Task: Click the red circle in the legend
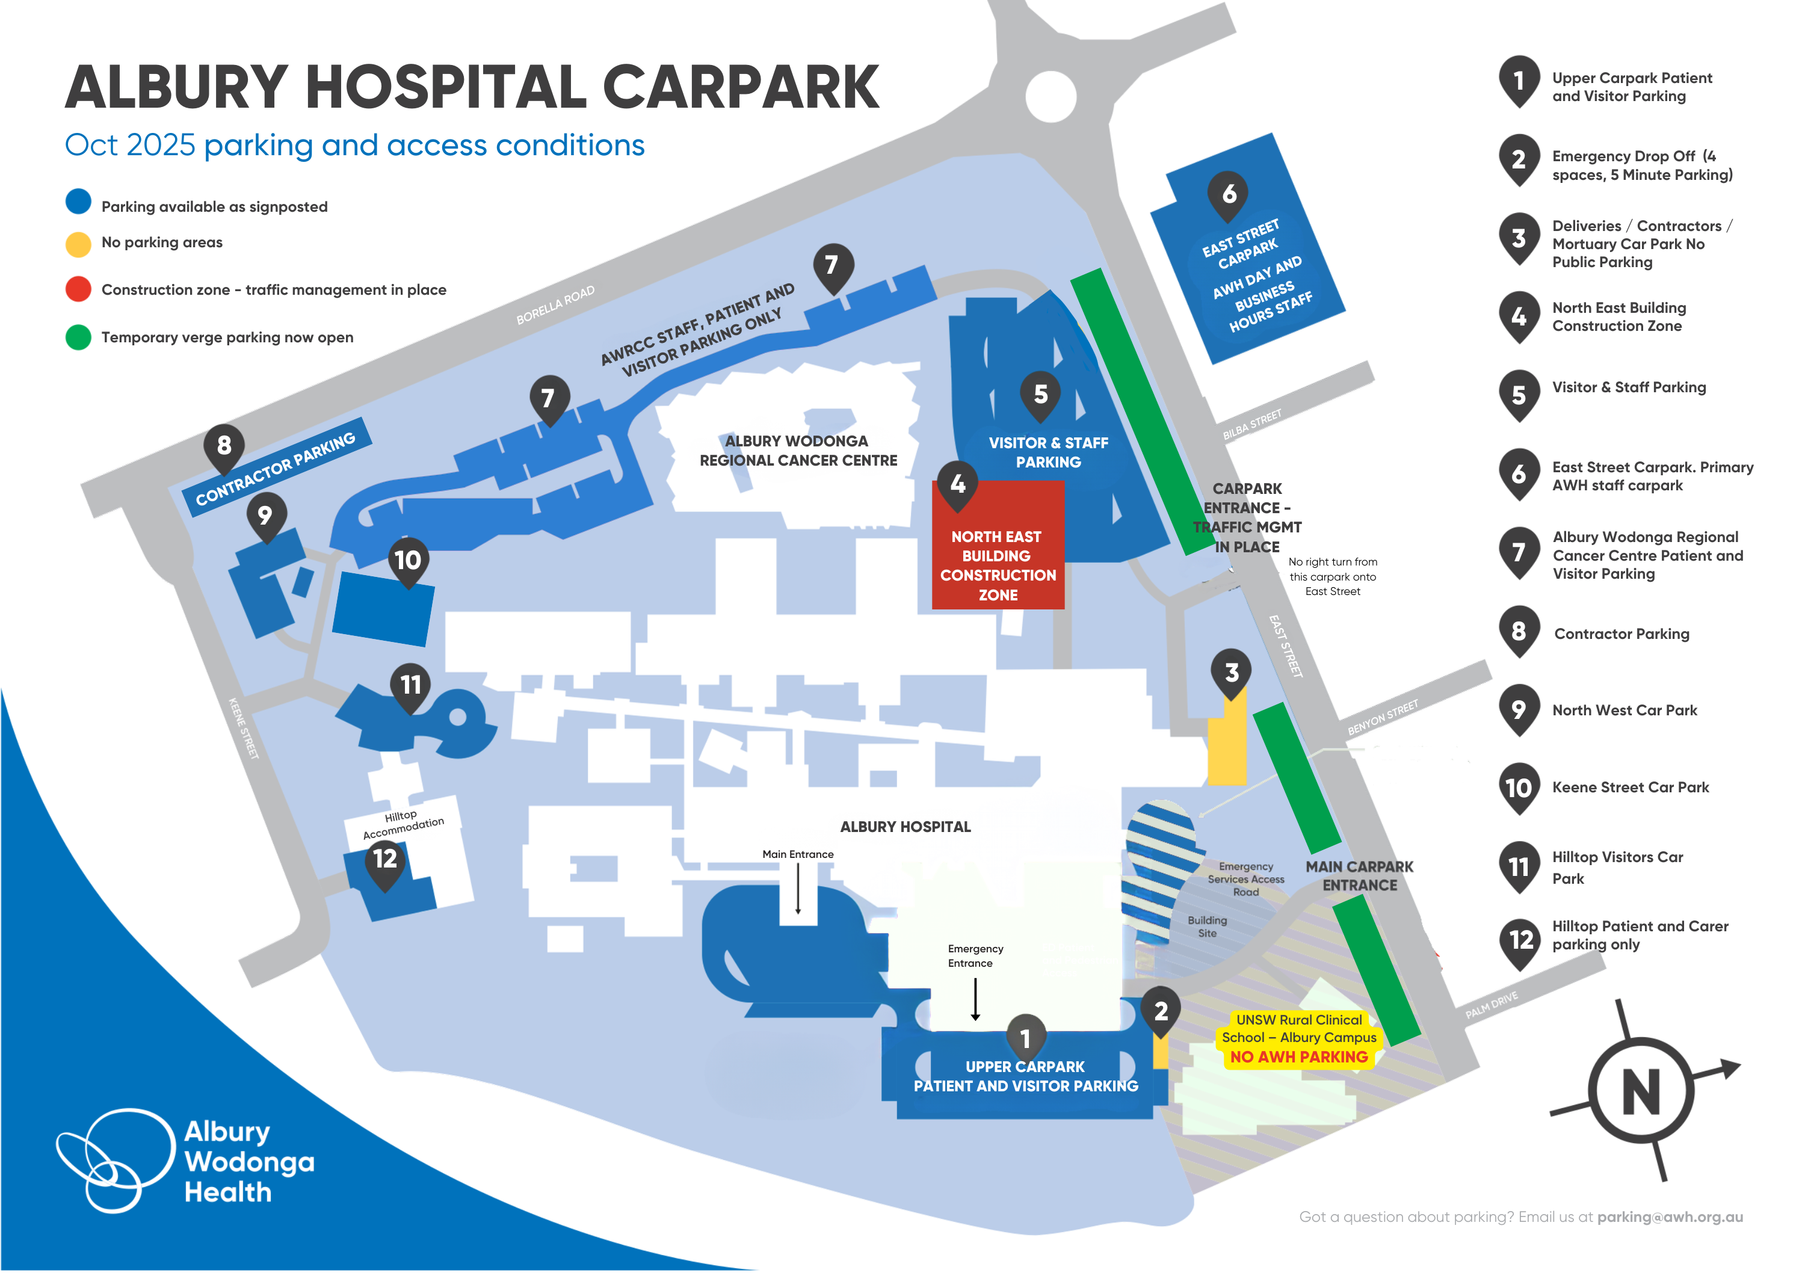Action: (78, 289)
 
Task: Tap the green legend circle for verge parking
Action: (78, 337)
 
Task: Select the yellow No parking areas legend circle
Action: (78, 244)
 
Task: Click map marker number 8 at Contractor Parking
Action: (224, 446)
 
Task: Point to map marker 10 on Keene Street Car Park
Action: (408, 559)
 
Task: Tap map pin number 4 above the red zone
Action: (957, 484)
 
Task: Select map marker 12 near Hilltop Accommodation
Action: (385, 858)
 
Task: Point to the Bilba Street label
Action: (1251, 425)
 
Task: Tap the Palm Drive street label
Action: (1492, 1005)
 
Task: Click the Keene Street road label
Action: (244, 728)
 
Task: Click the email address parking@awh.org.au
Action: (1670, 1217)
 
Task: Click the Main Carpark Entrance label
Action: (1359, 876)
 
